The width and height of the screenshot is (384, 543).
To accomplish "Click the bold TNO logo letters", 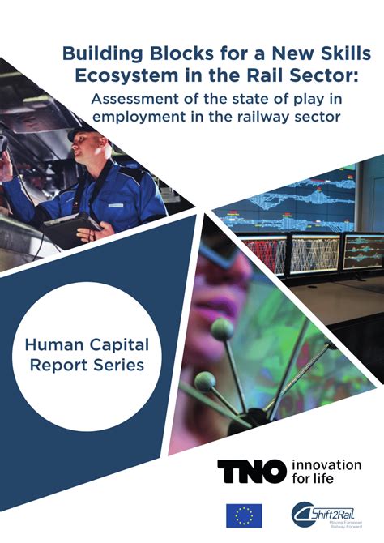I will [251, 470].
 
